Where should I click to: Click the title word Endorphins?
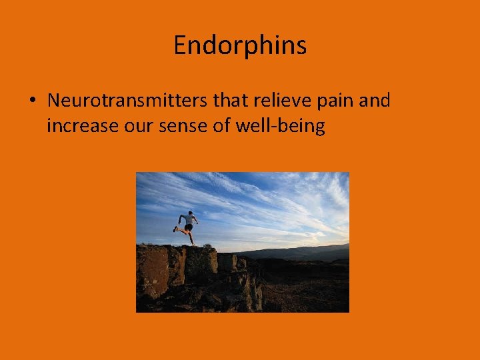(240, 45)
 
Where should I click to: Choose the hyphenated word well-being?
(280, 125)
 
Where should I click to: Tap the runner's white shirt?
(189, 219)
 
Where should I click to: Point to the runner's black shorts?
(189, 227)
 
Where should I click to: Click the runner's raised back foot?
(176, 229)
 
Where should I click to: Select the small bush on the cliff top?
(207, 247)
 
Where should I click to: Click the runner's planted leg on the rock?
(192, 237)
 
